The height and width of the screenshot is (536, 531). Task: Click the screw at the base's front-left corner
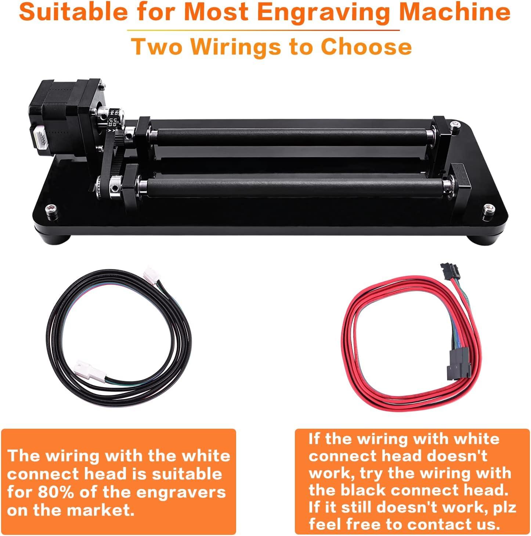[50, 210]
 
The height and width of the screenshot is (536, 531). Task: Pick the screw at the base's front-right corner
[489, 209]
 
